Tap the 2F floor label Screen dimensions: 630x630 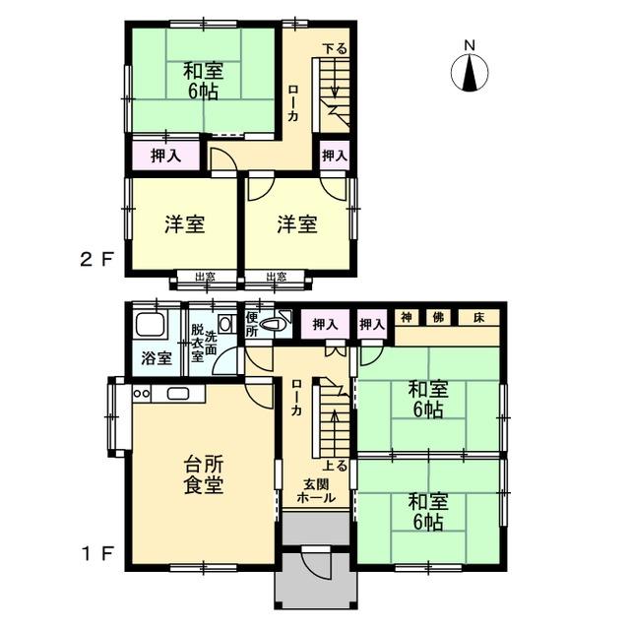(x=96, y=260)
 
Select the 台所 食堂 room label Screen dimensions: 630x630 (x=204, y=474)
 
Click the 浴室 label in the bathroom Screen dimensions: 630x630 (x=157, y=358)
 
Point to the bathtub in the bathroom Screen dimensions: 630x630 (x=150, y=325)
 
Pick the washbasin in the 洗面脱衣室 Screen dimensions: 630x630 (x=225, y=324)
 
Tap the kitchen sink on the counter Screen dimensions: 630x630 (x=177, y=394)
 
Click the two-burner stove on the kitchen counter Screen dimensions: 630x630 (x=142, y=394)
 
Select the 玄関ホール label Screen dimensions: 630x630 (x=316, y=490)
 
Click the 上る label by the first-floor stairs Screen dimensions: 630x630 (x=335, y=466)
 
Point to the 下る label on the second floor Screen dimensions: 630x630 (x=335, y=48)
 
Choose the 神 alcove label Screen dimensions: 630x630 (x=407, y=317)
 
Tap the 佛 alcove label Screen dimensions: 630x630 (x=438, y=317)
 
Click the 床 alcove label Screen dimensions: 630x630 (x=478, y=317)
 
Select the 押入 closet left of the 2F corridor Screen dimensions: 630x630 (x=166, y=156)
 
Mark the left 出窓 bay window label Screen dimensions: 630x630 (x=205, y=277)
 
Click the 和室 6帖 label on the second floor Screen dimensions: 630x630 (x=203, y=81)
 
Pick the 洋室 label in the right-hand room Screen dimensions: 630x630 (x=297, y=224)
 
